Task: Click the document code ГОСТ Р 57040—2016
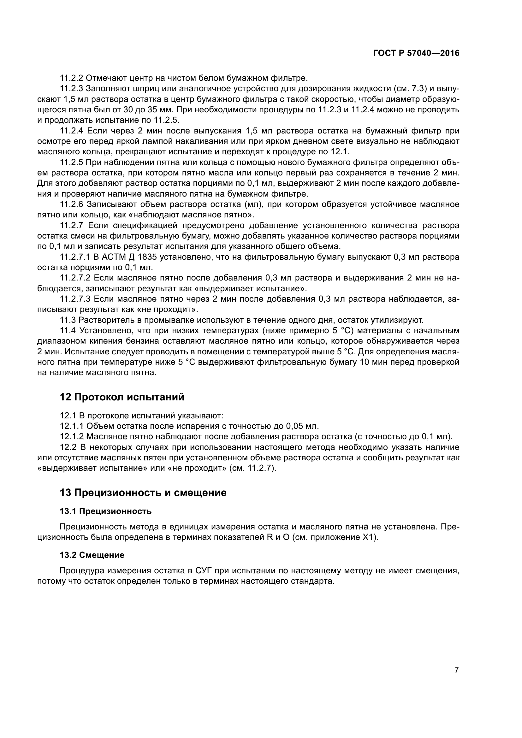point(416,53)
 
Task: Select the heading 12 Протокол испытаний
point(122,397)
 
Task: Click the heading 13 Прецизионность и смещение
point(143,493)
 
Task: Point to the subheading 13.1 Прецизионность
point(106,511)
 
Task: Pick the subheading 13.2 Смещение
point(92,555)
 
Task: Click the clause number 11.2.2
point(71,78)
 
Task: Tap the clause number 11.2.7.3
point(75,299)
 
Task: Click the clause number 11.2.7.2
point(75,278)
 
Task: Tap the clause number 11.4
point(68,330)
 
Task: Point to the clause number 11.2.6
point(72,204)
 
